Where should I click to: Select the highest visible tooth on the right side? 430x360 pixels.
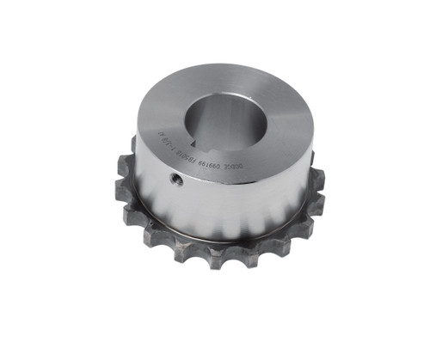311,160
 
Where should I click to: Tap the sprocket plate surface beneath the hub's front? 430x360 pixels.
215,242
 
